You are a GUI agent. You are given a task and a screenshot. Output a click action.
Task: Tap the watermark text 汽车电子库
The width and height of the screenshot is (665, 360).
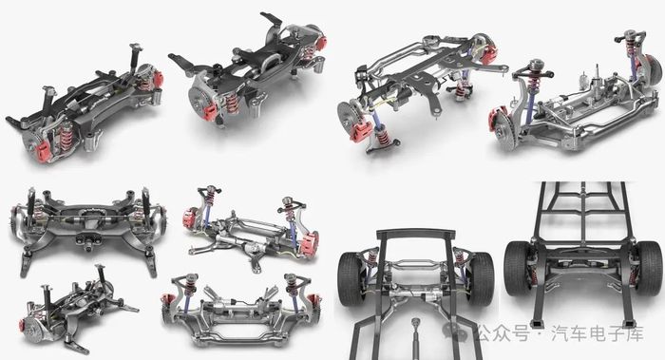(598, 333)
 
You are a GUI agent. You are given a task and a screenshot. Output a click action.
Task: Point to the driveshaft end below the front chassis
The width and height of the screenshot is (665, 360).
(416, 326)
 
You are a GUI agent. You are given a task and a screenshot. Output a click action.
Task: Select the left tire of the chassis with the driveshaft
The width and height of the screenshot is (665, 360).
(351, 278)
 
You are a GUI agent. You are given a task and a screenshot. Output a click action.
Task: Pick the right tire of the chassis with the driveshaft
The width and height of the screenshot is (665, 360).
(480, 278)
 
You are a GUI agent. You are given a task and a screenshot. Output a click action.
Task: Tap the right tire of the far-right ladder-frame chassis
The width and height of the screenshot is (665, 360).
(649, 268)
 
